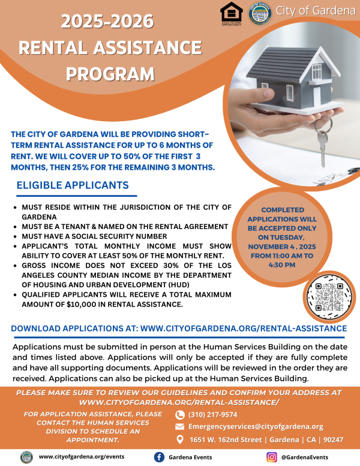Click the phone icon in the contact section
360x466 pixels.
pos(179,414)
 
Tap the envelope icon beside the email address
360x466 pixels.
pos(179,427)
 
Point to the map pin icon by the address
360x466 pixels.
pos(179,440)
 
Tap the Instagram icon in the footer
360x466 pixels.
pos(271,456)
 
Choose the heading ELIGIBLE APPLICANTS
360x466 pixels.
pos(72,185)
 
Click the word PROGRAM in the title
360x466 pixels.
pos(110,74)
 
